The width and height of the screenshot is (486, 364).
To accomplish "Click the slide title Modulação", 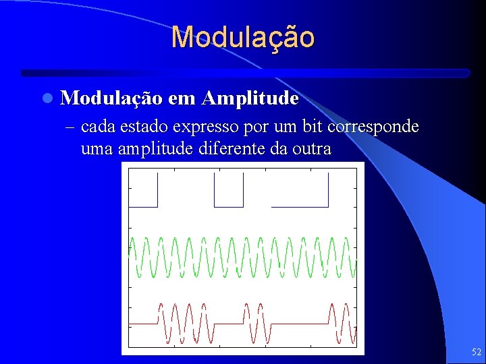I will click(242, 38).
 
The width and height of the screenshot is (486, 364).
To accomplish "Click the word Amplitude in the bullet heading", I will click(249, 98).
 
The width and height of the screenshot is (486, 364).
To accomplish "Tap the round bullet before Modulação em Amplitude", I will click(45, 98).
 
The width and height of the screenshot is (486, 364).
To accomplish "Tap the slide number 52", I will click(476, 352).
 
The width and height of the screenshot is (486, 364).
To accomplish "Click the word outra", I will click(312, 148).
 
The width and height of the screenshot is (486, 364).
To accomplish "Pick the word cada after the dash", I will click(97, 127).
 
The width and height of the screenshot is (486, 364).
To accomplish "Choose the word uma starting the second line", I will click(95, 148).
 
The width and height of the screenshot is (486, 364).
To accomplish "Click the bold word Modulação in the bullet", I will click(111, 98).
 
